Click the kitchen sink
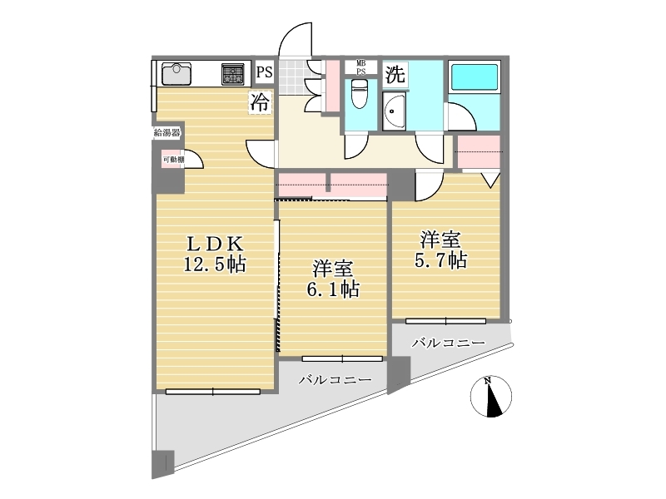176,74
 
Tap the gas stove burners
233,74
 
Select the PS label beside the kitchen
264,72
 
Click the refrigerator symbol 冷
260,102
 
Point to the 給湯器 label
167,132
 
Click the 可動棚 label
173,160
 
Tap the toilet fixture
360,93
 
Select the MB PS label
360,67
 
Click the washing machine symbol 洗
395,75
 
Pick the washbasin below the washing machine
394,111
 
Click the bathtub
474,77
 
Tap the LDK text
215,244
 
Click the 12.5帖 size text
215,264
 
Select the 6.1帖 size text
332,289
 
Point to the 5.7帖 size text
440,260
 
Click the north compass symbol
491,397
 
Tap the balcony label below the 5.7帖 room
449,343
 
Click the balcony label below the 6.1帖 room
335,379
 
